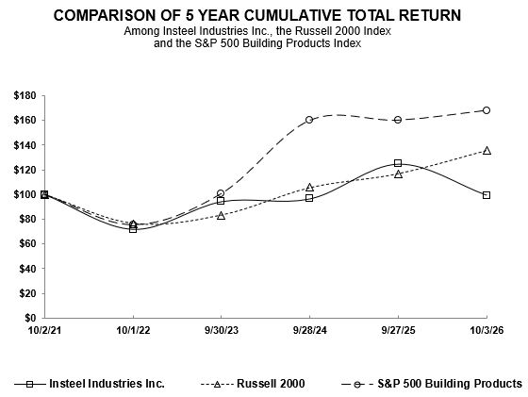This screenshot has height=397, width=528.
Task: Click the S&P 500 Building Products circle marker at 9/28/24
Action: coord(309,120)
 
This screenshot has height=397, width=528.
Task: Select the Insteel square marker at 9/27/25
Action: coord(398,163)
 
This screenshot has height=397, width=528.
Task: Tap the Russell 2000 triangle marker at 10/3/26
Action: coord(487,151)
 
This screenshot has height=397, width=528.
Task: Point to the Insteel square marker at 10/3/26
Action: coord(487,195)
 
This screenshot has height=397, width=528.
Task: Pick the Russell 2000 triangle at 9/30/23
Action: coord(221,216)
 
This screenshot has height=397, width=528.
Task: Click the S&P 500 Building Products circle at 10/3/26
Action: coord(487,110)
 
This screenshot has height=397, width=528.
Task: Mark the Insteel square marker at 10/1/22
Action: coord(133,229)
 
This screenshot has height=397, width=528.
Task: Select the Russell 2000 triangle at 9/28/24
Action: coord(310,188)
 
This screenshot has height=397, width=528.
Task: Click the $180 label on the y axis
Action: coord(25,95)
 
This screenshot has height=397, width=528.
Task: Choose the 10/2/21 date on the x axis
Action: coord(44,330)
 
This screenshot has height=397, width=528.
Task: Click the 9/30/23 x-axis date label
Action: coord(222,330)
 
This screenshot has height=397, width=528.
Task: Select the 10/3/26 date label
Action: coord(487,330)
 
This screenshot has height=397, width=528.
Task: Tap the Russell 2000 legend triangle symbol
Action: coord(217,384)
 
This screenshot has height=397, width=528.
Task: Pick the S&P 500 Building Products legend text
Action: coord(450,384)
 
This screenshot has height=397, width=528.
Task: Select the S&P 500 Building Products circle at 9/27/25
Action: coord(398,120)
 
